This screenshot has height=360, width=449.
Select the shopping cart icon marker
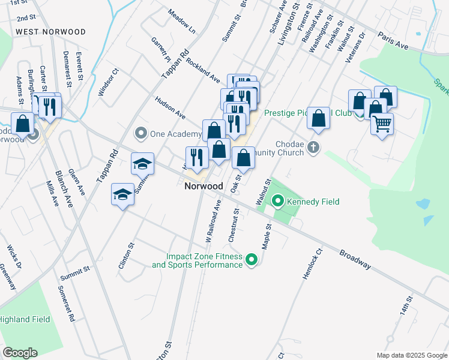(382, 125)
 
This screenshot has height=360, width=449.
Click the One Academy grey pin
(141, 133)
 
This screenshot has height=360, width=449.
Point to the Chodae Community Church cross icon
(313, 147)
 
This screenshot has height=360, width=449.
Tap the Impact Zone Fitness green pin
(252, 260)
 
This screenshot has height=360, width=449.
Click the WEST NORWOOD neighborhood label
(50, 31)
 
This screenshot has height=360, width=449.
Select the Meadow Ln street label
(182, 20)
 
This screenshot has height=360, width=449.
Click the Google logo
(20, 353)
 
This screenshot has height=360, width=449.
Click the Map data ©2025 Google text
(411, 355)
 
